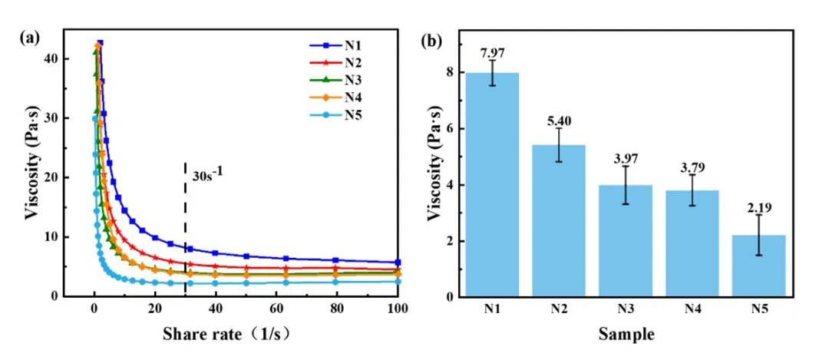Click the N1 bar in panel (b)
click(492, 184)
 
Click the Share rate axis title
click(227, 335)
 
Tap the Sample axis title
click(627, 335)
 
